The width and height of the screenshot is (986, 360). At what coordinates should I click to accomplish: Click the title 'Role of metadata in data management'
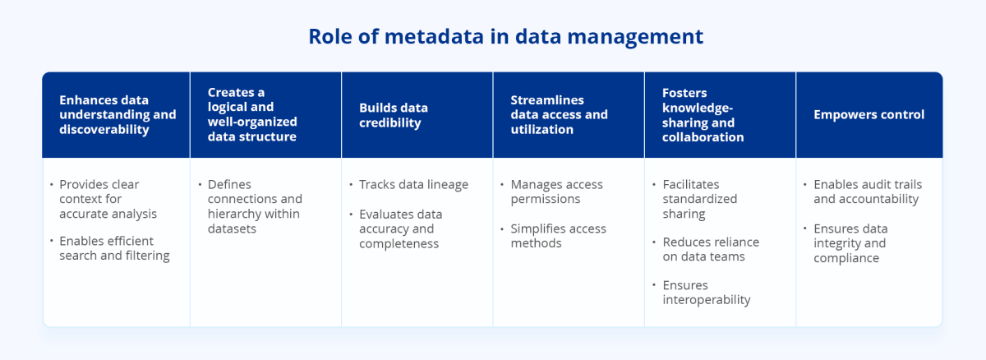505,37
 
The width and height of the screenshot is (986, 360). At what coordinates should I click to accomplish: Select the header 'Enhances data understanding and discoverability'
117,115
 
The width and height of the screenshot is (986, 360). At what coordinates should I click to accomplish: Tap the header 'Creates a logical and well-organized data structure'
252,115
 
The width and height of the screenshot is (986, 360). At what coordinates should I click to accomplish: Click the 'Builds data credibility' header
394,115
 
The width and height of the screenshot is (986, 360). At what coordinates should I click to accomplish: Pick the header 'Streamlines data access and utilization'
559,115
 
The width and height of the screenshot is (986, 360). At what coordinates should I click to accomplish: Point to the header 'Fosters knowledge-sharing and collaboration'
703,115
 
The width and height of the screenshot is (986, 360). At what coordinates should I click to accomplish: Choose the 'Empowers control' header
869,115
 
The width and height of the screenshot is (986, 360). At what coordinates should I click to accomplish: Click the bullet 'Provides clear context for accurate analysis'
108,199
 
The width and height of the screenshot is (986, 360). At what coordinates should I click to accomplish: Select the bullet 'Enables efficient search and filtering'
114,248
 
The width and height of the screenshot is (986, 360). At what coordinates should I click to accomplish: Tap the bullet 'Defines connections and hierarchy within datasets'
255,206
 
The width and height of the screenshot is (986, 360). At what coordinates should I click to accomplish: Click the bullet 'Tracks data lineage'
413,184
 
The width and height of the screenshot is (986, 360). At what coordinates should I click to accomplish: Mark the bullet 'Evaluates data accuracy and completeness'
400,228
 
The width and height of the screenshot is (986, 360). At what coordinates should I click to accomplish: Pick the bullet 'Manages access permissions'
556,192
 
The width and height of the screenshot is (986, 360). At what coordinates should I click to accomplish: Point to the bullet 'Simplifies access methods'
558,236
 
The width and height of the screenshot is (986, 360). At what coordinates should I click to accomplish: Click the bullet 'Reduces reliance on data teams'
711,249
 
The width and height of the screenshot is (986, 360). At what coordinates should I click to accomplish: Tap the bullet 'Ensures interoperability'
706,293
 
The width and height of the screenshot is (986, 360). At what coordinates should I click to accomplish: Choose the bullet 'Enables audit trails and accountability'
865,192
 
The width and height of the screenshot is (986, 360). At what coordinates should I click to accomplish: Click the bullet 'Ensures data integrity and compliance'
850,243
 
